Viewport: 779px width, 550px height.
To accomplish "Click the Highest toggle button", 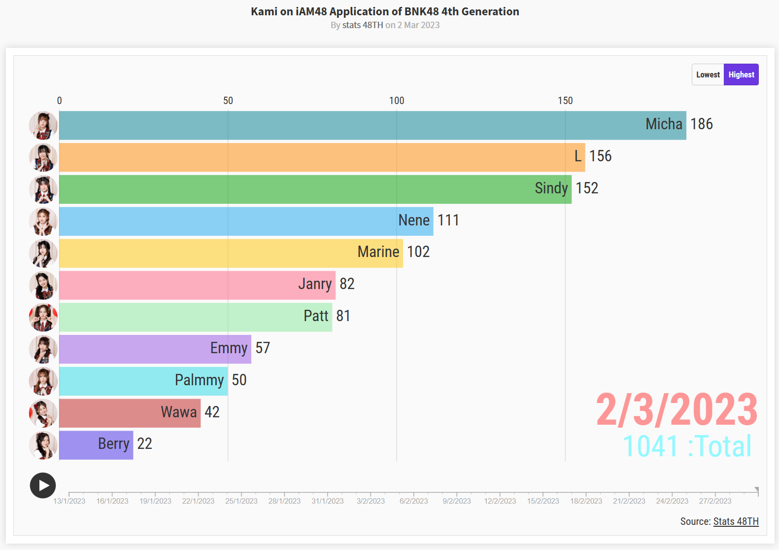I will (741, 74).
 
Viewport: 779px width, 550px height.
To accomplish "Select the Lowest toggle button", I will (708, 74).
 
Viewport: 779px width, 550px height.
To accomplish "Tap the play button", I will (43, 485).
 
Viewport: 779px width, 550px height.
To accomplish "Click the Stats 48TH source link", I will (736, 521).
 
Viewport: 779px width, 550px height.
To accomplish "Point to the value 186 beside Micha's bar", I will (702, 124).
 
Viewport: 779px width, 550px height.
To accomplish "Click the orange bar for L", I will (315, 157).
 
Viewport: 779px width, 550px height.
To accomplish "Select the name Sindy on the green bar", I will (551, 188).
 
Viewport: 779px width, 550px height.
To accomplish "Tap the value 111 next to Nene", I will (448, 220).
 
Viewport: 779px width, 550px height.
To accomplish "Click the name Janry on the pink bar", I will (315, 284).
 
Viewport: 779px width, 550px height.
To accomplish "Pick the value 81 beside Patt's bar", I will (343, 316).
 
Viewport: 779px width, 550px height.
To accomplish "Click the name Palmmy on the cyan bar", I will (199, 380).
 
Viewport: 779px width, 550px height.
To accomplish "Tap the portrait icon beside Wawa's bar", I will (43, 413).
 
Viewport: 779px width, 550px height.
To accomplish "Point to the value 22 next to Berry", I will (144, 444).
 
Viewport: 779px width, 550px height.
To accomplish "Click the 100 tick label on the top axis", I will (397, 101).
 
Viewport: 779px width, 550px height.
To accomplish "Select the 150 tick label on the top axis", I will (565, 101).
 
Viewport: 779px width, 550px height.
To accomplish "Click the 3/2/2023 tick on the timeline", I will (371, 501).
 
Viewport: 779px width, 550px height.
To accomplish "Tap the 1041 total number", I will (651, 446).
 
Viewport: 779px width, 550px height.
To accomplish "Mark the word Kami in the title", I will (264, 11).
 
